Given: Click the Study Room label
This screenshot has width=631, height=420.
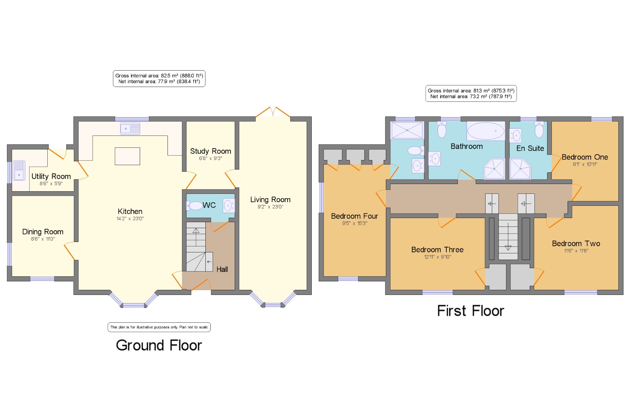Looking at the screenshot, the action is point(210,151).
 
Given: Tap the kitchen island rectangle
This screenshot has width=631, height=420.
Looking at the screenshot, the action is point(127,156).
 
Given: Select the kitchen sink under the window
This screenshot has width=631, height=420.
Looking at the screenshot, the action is point(130,129).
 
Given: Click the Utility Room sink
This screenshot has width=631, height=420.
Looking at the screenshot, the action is point(19,170).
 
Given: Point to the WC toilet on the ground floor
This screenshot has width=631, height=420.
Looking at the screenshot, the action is point(194,206).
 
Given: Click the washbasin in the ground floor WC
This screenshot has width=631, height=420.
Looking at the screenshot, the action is point(228,206).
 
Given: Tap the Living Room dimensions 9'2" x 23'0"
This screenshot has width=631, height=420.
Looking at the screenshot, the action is point(270,207).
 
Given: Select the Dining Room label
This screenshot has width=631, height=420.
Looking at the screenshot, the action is point(43,232).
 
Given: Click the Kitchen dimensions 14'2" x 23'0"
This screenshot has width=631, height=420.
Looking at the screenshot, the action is point(130,218).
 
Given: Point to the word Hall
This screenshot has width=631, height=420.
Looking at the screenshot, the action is point(222,269).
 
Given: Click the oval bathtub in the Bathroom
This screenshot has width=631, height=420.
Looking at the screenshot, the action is point(486,131).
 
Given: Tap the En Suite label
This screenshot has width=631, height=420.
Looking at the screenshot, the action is point(530,148).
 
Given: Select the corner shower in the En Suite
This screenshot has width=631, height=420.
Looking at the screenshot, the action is point(520,169).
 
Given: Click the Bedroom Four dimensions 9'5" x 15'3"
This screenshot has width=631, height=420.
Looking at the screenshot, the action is point(355,223).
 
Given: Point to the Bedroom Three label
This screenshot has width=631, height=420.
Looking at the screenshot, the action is point(437,250).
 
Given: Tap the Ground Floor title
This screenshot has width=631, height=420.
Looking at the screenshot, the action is point(159,345).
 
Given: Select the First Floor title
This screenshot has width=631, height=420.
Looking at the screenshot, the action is point(470,311).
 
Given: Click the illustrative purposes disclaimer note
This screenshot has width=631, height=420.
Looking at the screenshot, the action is point(159,327).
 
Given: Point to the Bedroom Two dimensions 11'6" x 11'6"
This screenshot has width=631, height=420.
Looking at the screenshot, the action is point(576,251).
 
